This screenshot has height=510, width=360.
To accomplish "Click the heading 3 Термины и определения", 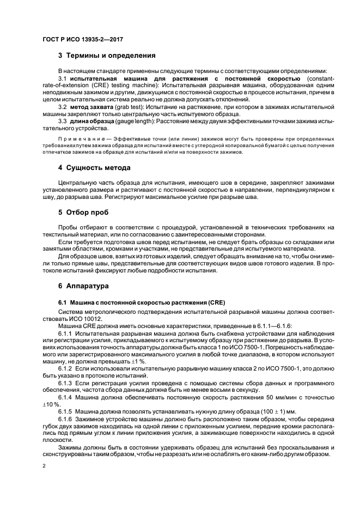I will click(107, 56).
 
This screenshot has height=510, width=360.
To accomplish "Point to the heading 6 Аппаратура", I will click(87, 285).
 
